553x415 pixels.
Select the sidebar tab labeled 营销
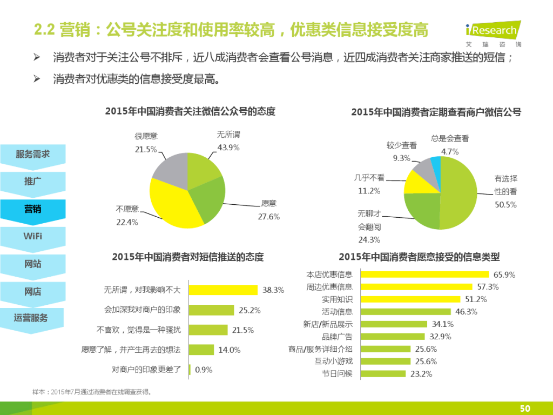[33, 209]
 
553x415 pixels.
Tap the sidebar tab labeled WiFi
[33, 237]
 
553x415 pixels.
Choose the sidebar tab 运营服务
[32, 318]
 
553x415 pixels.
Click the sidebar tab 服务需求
[33, 155]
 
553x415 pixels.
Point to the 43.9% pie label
[228, 147]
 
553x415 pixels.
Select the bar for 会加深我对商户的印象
[212, 310]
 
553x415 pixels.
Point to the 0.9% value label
[204, 370]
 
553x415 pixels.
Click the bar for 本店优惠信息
[424, 275]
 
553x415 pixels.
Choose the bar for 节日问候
[383, 373]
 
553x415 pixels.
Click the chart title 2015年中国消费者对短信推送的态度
[188, 257]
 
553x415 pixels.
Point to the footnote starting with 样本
[92, 392]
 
